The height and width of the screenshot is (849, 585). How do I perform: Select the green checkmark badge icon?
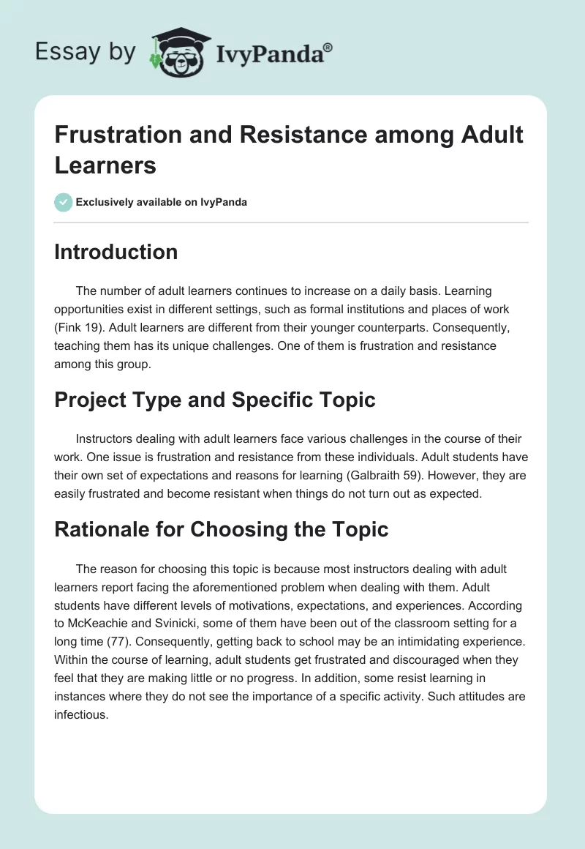tap(64, 202)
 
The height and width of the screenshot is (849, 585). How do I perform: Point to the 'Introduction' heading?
tap(116, 252)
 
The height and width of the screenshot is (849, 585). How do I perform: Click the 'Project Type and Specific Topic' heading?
tap(215, 400)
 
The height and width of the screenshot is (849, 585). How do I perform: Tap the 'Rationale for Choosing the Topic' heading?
tap(221, 529)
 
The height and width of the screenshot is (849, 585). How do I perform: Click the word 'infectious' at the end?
tap(80, 715)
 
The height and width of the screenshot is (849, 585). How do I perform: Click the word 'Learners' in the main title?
tap(105, 165)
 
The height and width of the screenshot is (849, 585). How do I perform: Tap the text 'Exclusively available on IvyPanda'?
tap(162, 202)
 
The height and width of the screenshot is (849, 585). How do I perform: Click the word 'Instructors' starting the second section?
tap(107, 439)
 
